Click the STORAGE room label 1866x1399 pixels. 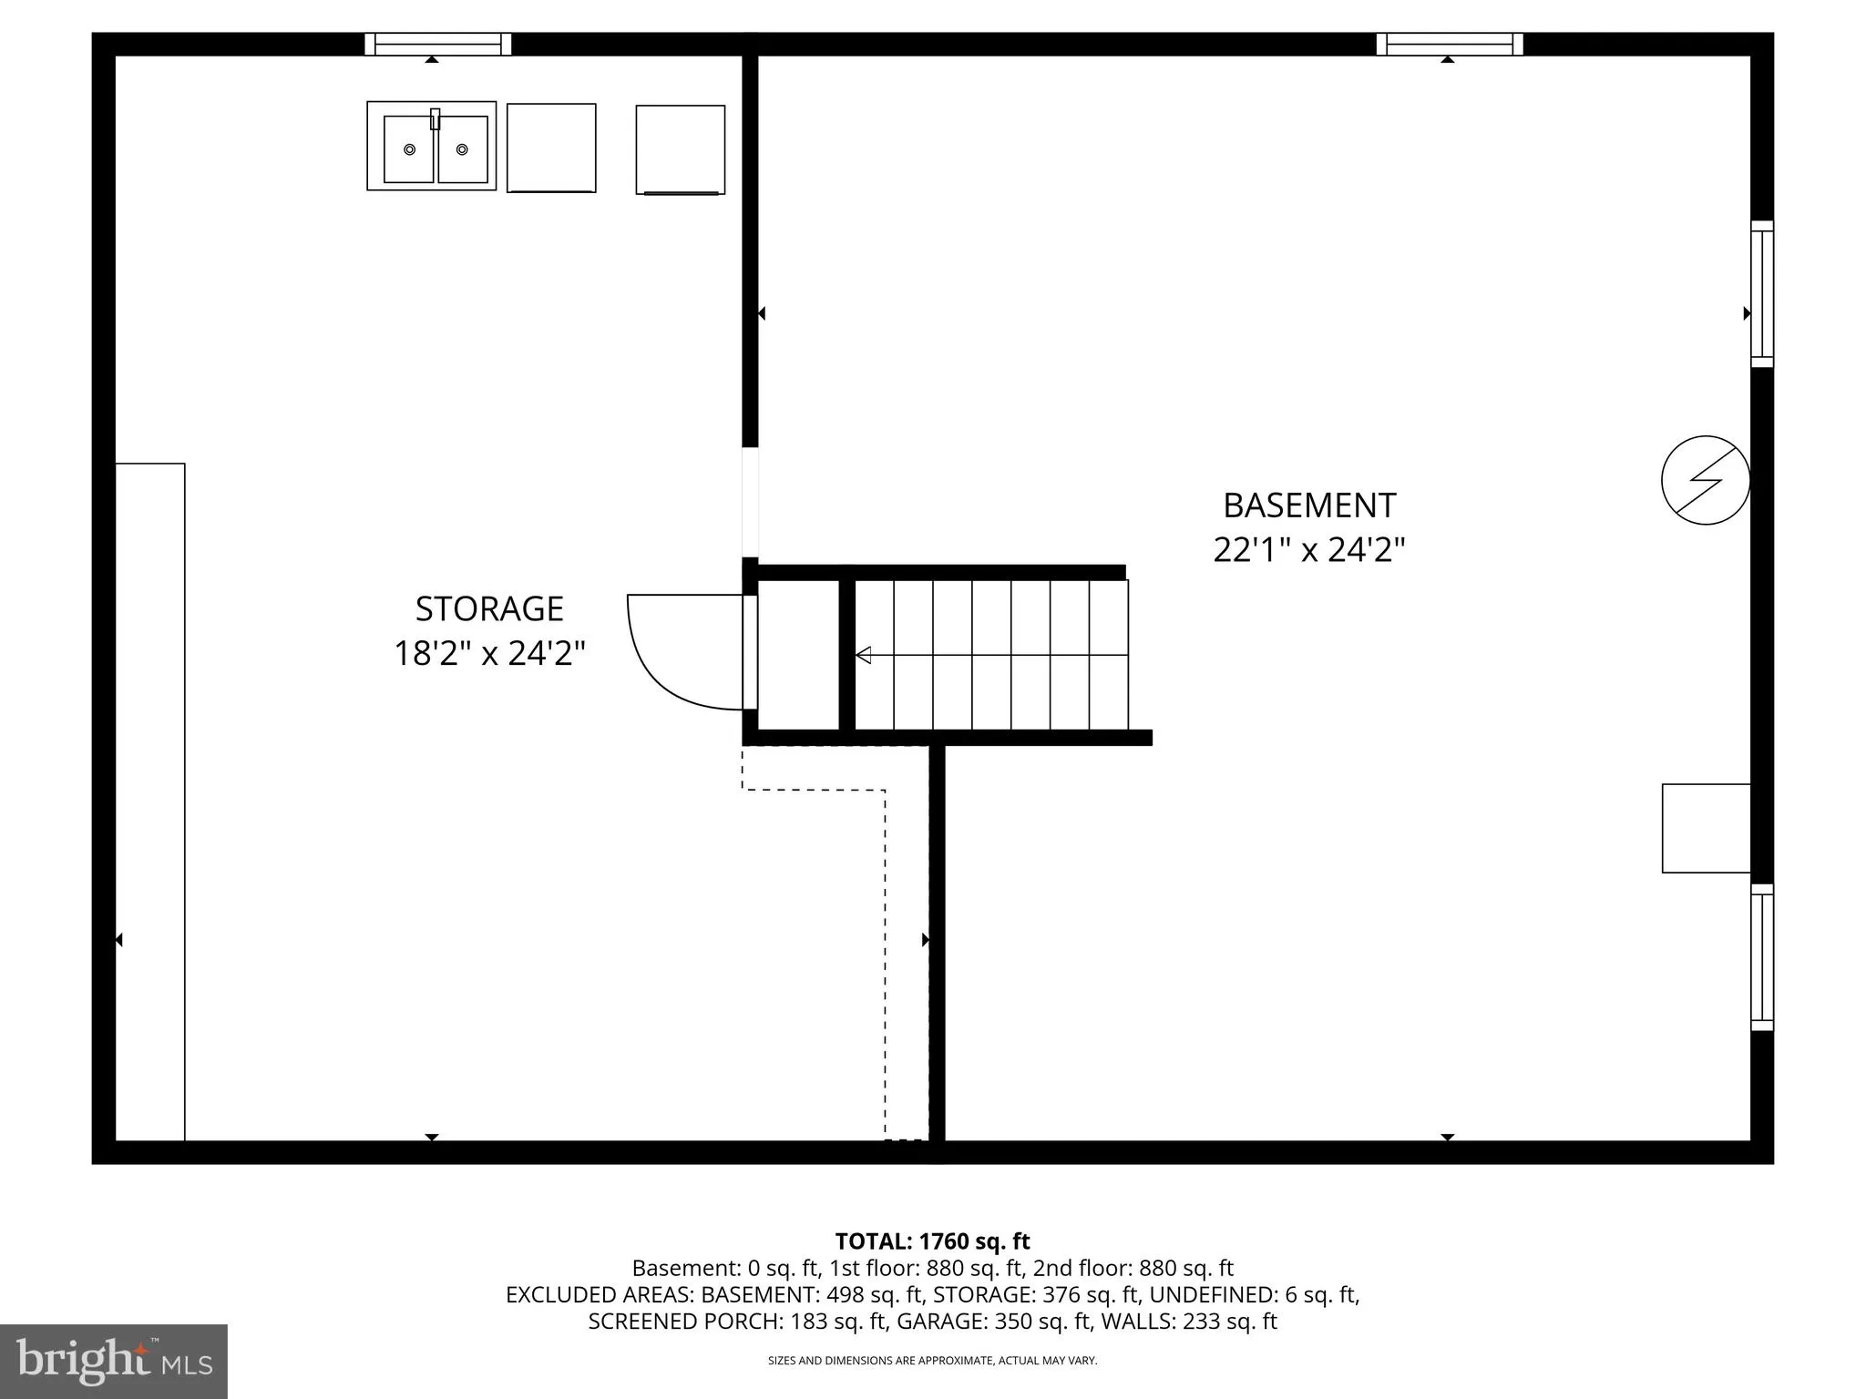tap(489, 608)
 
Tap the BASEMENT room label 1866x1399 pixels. tap(1309, 505)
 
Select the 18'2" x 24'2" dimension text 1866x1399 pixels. tap(489, 653)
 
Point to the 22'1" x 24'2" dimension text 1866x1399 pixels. tap(1309, 550)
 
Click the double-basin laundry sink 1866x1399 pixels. tap(432, 146)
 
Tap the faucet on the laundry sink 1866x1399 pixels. tap(436, 119)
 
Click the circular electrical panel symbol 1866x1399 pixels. tap(1706, 480)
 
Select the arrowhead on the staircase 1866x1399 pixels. tap(863, 655)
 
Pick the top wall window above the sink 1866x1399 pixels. tap(438, 44)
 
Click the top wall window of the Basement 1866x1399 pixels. tap(1450, 44)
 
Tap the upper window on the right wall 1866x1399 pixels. tap(1762, 294)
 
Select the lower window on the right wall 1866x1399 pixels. tap(1762, 957)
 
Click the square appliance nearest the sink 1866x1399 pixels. tap(551, 148)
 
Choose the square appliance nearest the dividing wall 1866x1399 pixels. tap(681, 149)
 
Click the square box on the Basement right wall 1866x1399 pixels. tap(1707, 828)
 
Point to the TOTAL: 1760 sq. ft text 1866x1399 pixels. tap(932, 1241)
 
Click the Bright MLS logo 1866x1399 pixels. tap(114, 1361)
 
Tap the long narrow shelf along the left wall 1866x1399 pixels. tap(150, 802)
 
